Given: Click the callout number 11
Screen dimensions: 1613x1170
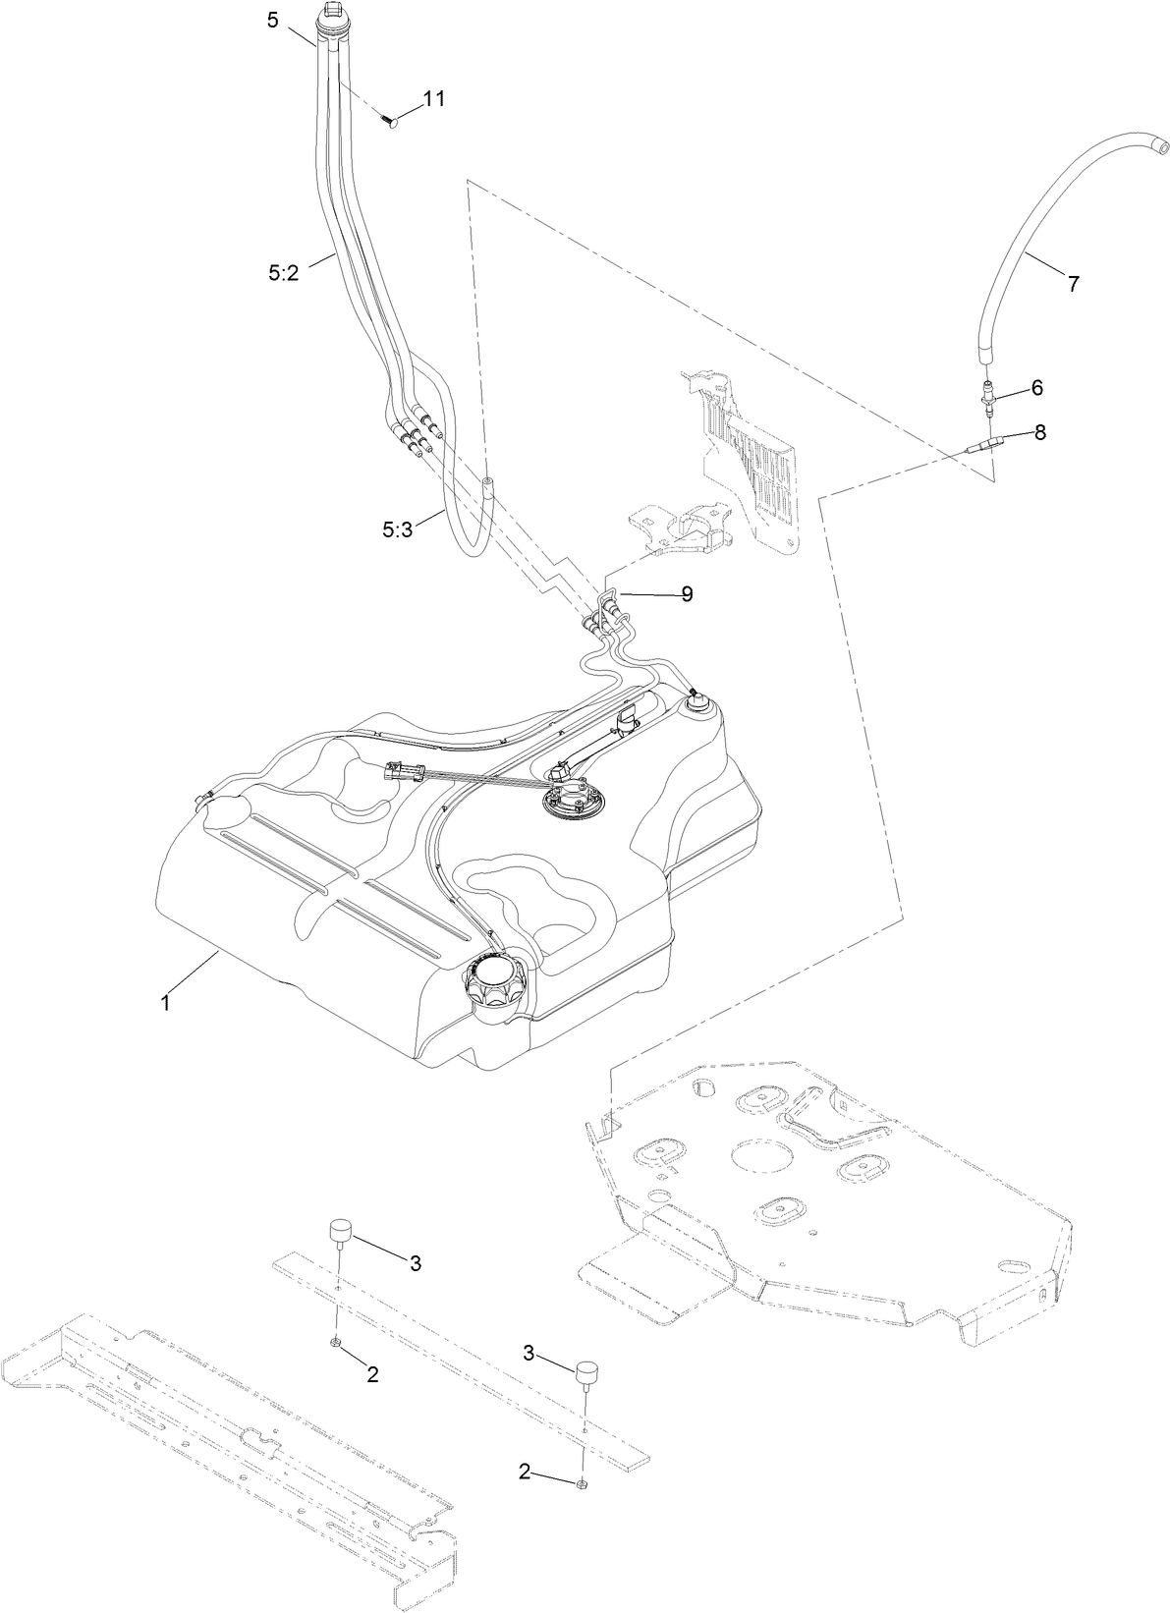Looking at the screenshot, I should (x=434, y=98).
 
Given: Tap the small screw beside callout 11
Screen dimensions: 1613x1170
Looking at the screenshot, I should (x=388, y=121).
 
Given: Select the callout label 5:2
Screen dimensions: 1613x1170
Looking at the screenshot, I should (x=283, y=275).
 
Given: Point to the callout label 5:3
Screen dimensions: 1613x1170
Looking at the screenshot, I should (x=398, y=529).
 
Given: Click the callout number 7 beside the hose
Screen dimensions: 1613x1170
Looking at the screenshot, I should (x=1073, y=284).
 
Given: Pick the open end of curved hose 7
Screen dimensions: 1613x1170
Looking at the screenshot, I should (x=1160, y=147).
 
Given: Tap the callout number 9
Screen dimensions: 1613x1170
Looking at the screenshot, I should (x=687, y=593).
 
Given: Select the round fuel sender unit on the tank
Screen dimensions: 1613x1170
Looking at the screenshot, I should (x=574, y=797).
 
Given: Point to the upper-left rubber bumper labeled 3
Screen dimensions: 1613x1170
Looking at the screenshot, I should (x=340, y=1231).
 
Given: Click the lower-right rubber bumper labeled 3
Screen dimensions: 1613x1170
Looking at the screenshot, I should (x=587, y=1371).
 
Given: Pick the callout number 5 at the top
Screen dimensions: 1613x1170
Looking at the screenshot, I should (x=273, y=20).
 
